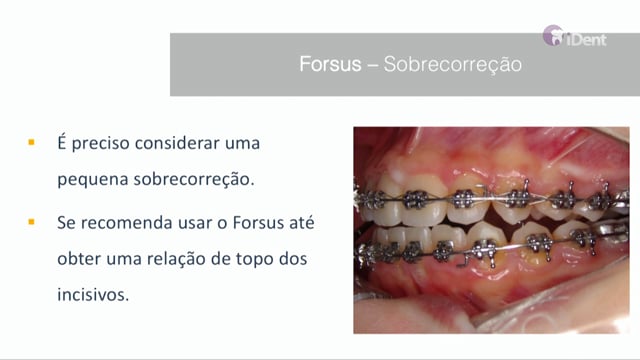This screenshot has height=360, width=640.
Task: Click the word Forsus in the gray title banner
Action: pyautogui.click(x=330, y=64)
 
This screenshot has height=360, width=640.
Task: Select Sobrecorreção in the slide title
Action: pyautogui.click(x=453, y=65)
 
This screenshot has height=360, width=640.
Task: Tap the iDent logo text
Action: pyautogui.click(x=586, y=40)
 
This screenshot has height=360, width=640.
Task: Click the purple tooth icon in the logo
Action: pyautogui.click(x=553, y=35)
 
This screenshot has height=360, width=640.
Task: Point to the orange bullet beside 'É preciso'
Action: pyautogui.click(x=31, y=142)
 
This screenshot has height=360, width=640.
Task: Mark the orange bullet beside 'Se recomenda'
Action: pyautogui.click(x=31, y=222)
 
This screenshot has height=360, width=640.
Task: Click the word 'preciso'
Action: pyautogui.click(x=100, y=144)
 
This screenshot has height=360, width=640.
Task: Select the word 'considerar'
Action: pyautogui.click(x=177, y=143)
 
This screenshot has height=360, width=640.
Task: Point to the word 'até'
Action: pyautogui.click(x=303, y=222)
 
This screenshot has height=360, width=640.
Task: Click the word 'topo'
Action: pyautogui.click(x=255, y=260)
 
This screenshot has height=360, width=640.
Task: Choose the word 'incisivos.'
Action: pyautogui.click(x=93, y=295)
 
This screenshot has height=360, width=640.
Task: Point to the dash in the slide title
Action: pyautogui.click(x=372, y=65)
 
